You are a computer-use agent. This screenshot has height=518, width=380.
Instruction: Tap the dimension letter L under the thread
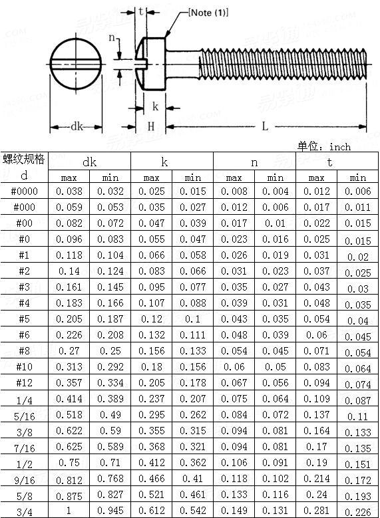(x=265, y=126)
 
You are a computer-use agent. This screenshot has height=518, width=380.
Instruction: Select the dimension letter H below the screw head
(x=151, y=126)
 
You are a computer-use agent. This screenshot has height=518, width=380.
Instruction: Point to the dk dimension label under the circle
(x=77, y=126)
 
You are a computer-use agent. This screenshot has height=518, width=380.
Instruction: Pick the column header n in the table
(x=254, y=162)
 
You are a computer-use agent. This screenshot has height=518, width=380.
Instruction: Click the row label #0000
(x=25, y=191)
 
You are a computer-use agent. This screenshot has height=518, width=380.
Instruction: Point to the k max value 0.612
(x=151, y=511)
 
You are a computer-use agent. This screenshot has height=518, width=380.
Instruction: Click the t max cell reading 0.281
(x=316, y=511)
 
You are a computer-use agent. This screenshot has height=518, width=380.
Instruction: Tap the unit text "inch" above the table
(x=339, y=146)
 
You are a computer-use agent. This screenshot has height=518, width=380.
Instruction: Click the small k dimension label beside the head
(x=155, y=106)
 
